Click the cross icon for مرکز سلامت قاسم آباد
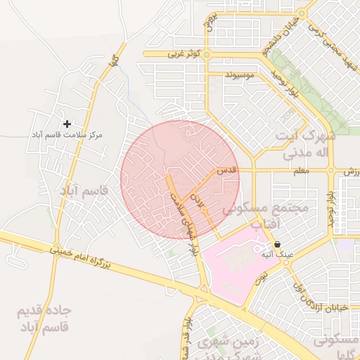(x=67, y=124)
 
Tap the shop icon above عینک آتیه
(x=278, y=245)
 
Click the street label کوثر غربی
(x=184, y=53)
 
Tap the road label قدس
(x=226, y=171)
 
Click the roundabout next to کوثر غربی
(x=209, y=53)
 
